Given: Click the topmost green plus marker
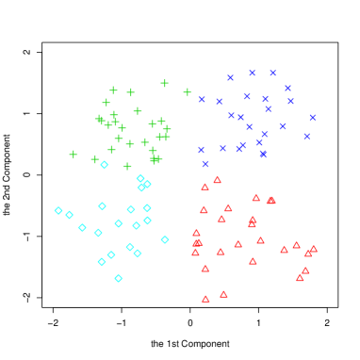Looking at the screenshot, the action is pyautogui.click(x=164, y=83).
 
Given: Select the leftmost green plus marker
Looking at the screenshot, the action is pyautogui.click(x=74, y=155).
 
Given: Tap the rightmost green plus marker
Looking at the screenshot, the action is pyautogui.click(x=188, y=92).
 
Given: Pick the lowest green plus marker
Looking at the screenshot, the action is pyautogui.click(x=127, y=166).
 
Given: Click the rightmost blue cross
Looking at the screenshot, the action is pyautogui.click(x=312, y=118).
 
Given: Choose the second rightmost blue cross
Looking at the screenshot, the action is pyautogui.click(x=306, y=136).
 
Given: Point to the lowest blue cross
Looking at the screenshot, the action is pyautogui.click(x=205, y=164).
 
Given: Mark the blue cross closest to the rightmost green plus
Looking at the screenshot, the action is pyautogui.click(x=202, y=99).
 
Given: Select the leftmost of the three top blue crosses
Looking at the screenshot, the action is pyautogui.click(x=230, y=77).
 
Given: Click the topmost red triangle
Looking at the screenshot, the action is pyautogui.click(x=217, y=180).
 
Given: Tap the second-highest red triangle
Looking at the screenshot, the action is pyautogui.click(x=205, y=187).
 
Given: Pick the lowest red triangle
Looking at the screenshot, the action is pyautogui.click(x=205, y=299).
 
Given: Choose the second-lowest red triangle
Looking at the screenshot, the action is pyautogui.click(x=223, y=294).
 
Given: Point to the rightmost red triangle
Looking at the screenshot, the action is pyautogui.click(x=313, y=249).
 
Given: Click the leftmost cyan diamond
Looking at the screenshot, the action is pyautogui.click(x=58, y=210).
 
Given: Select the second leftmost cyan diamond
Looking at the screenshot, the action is pyautogui.click(x=69, y=215).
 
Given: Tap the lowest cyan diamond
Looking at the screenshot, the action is pyautogui.click(x=118, y=278).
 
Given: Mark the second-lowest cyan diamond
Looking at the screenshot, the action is pyautogui.click(x=102, y=262).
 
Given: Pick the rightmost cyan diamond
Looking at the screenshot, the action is pyautogui.click(x=165, y=239).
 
